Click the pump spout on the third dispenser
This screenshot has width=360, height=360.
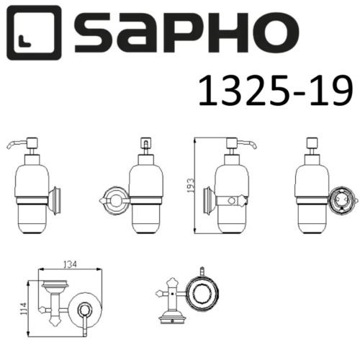[x=249, y=146]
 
